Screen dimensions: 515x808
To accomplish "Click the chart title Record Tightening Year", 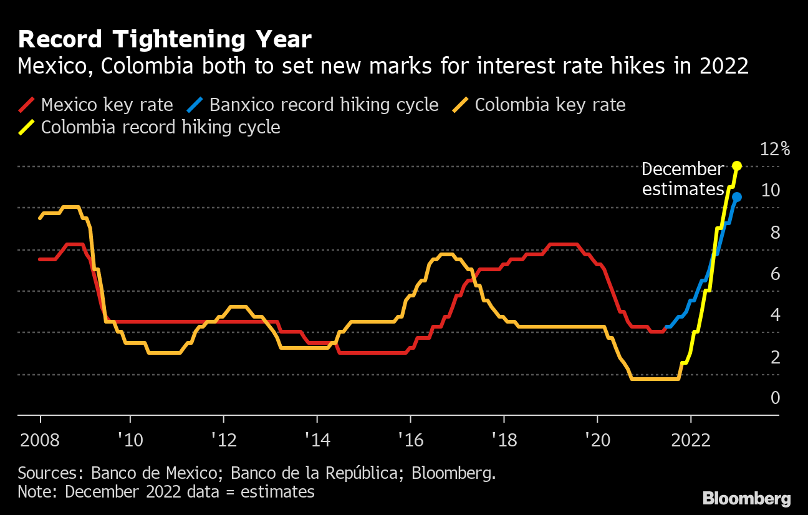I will coord(165,40).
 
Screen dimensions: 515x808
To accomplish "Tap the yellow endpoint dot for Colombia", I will coord(736,166).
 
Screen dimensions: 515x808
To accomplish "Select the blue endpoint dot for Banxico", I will coord(736,197).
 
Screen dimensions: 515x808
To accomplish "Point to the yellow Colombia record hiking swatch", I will coord(27,127).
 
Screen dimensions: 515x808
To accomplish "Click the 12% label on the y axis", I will coord(775,149).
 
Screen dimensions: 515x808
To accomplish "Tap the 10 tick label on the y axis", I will coord(771,190).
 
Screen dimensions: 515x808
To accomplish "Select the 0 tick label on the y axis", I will coord(775,397).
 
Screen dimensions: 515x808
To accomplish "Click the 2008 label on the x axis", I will coord(41,441).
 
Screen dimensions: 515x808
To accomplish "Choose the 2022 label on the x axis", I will coord(690,441).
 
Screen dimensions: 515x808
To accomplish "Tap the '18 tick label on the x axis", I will coord(503,441).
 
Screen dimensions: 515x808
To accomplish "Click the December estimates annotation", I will coord(682,179).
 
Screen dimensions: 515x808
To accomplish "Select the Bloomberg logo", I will coord(747,498).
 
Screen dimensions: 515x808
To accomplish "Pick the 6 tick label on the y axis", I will coord(775,273).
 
